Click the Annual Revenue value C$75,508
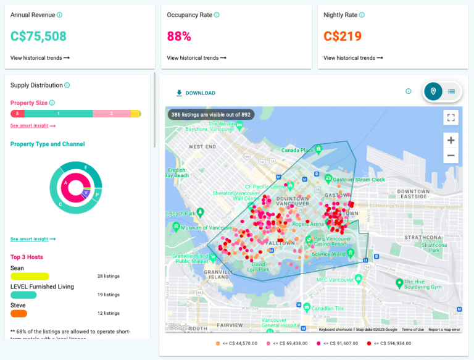coord(38,36)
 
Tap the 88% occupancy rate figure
coord(179,36)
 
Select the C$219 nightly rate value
coord(343,36)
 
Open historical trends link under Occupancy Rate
coord(196,58)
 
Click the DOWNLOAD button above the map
coord(196,93)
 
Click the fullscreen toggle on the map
coord(451,117)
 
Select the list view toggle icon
coord(451,91)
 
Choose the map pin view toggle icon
coord(433,91)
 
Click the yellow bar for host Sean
coord(30,276)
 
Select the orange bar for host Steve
coord(19,314)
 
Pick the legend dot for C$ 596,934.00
coord(369,343)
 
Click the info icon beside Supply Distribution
coord(67,85)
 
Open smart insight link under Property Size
coord(33,126)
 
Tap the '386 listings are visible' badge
coord(210,114)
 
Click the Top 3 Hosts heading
coord(27,257)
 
